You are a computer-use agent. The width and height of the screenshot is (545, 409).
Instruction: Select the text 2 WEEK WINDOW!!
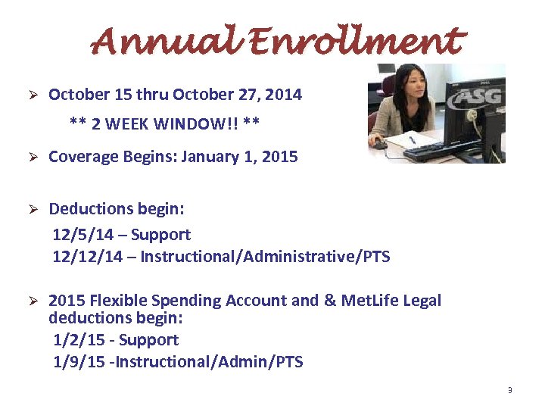pos(165,123)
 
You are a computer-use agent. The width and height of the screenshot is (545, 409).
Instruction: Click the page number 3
pos(509,391)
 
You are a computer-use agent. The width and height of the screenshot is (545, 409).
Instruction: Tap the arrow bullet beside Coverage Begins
pos(33,158)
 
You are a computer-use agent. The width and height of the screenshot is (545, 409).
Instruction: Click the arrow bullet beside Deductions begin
pos(33,209)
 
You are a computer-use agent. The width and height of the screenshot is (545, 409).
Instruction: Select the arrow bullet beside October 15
pos(33,95)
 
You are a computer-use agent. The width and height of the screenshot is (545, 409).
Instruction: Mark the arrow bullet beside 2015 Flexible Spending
pos(33,301)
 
